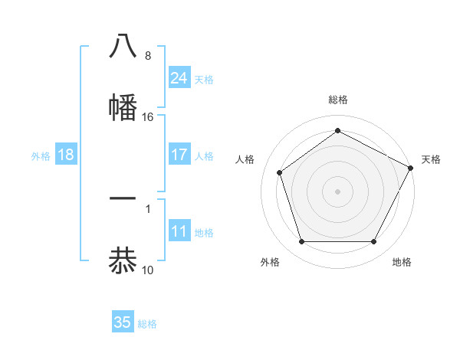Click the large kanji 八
click(123, 46)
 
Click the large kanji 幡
click(123, 107)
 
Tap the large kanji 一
click(123, 198)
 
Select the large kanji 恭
click(123, 260)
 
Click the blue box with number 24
click(179, 78)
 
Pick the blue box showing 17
click(179, 155)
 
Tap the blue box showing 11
click(179, 232)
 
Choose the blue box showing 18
click(66, 155)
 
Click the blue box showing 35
click(123, 322)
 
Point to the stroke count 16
click(148, 117)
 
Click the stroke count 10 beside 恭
click(148, 270)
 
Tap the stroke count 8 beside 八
click(148, 56)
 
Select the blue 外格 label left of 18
click(41, 155)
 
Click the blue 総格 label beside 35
click(147, 323)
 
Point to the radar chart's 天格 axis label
click(431, 159)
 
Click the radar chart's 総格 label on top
click(337, 100)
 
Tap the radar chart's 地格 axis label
click(402, 262)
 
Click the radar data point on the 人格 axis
click(280, 172)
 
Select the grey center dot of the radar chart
click(337, 191)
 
